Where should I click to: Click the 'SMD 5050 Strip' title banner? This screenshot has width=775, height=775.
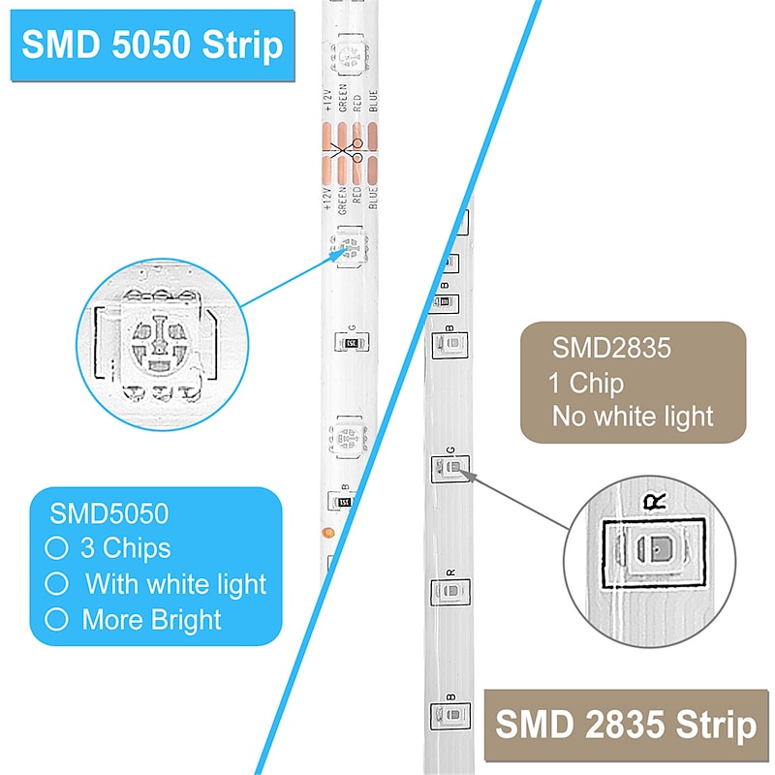[x=152, y=46]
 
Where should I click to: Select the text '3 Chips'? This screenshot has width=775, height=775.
[x=124, y=548]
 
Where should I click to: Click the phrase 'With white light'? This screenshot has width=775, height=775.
[x=174, y=584]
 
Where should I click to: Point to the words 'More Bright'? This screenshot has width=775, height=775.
[x=151, y=620]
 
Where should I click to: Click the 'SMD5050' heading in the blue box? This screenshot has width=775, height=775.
[x=109, y=512]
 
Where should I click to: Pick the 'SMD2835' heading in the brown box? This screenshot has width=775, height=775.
[x=611, y=349]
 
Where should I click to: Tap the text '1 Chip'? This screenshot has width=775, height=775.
[x=586, y=383]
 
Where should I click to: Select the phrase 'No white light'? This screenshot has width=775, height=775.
[x=633, y=417]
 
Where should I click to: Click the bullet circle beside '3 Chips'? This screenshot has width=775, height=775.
[x=57, y=548]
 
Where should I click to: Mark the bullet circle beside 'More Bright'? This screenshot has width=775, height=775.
[x=57, y=620]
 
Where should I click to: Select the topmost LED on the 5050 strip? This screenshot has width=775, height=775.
[x=348, y=54]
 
